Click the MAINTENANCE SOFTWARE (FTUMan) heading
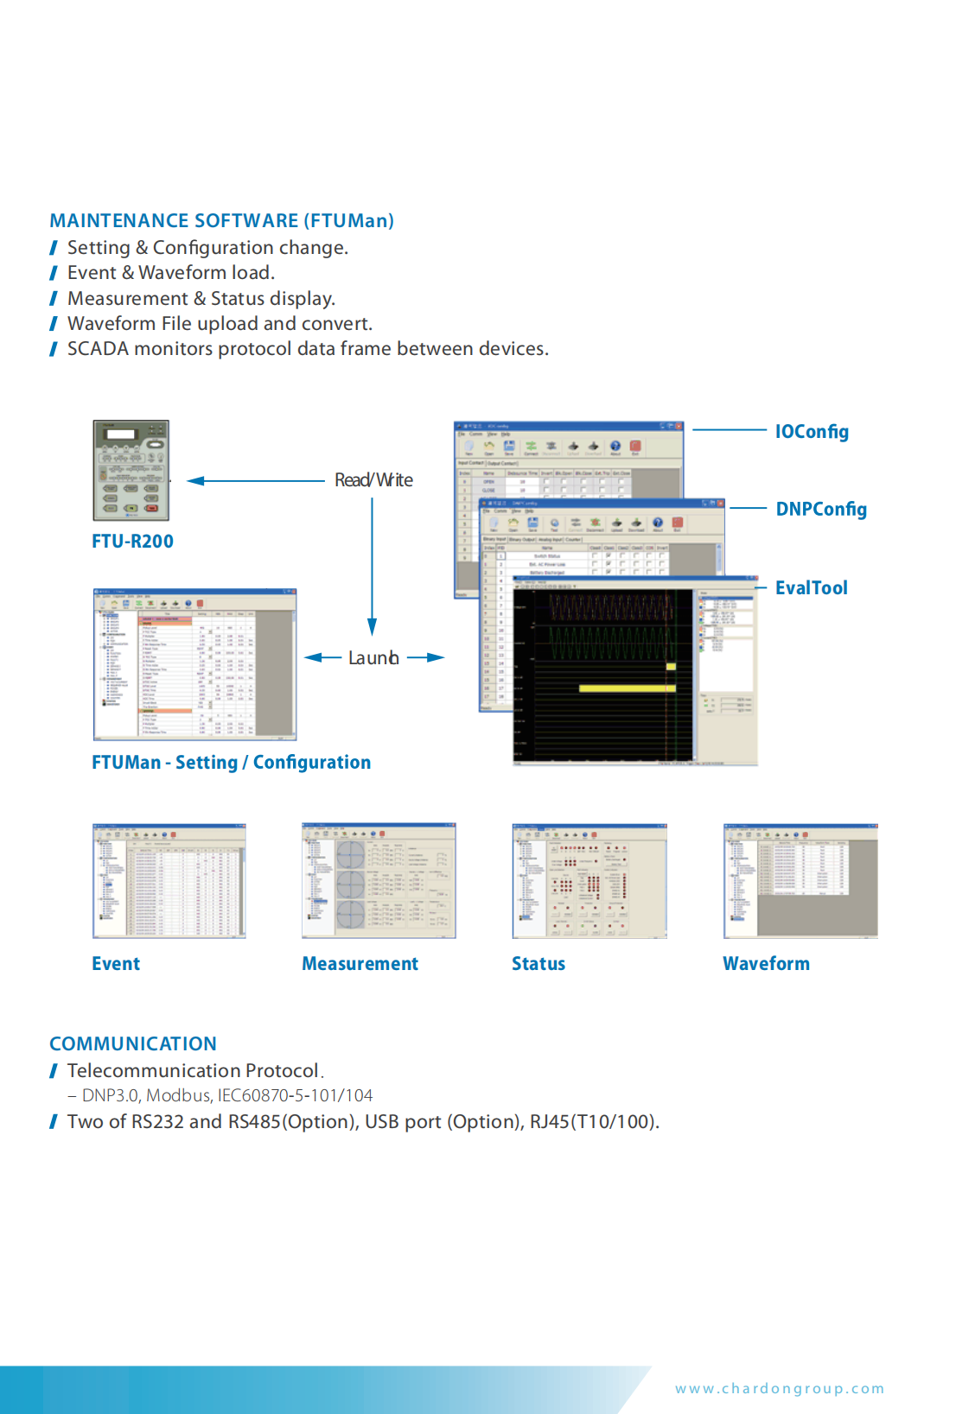[221, 221]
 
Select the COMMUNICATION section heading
[133, 1043]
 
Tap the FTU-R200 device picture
[131, 470]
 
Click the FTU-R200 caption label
[132, 542]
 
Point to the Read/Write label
[373, 480]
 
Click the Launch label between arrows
[373, 658]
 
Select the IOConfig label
[812, 432]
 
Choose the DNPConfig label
[821, 510]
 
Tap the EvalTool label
[811, 588]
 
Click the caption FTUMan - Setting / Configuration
[231, 763]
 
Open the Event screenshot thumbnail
[169, 880]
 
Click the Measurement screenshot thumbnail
[379, 880]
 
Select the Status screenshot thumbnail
[589, 880]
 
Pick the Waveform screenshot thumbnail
[800, 880]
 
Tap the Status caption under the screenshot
[538, 964]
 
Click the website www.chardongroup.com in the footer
[780, 1389]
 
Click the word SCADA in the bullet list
[97, 349]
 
